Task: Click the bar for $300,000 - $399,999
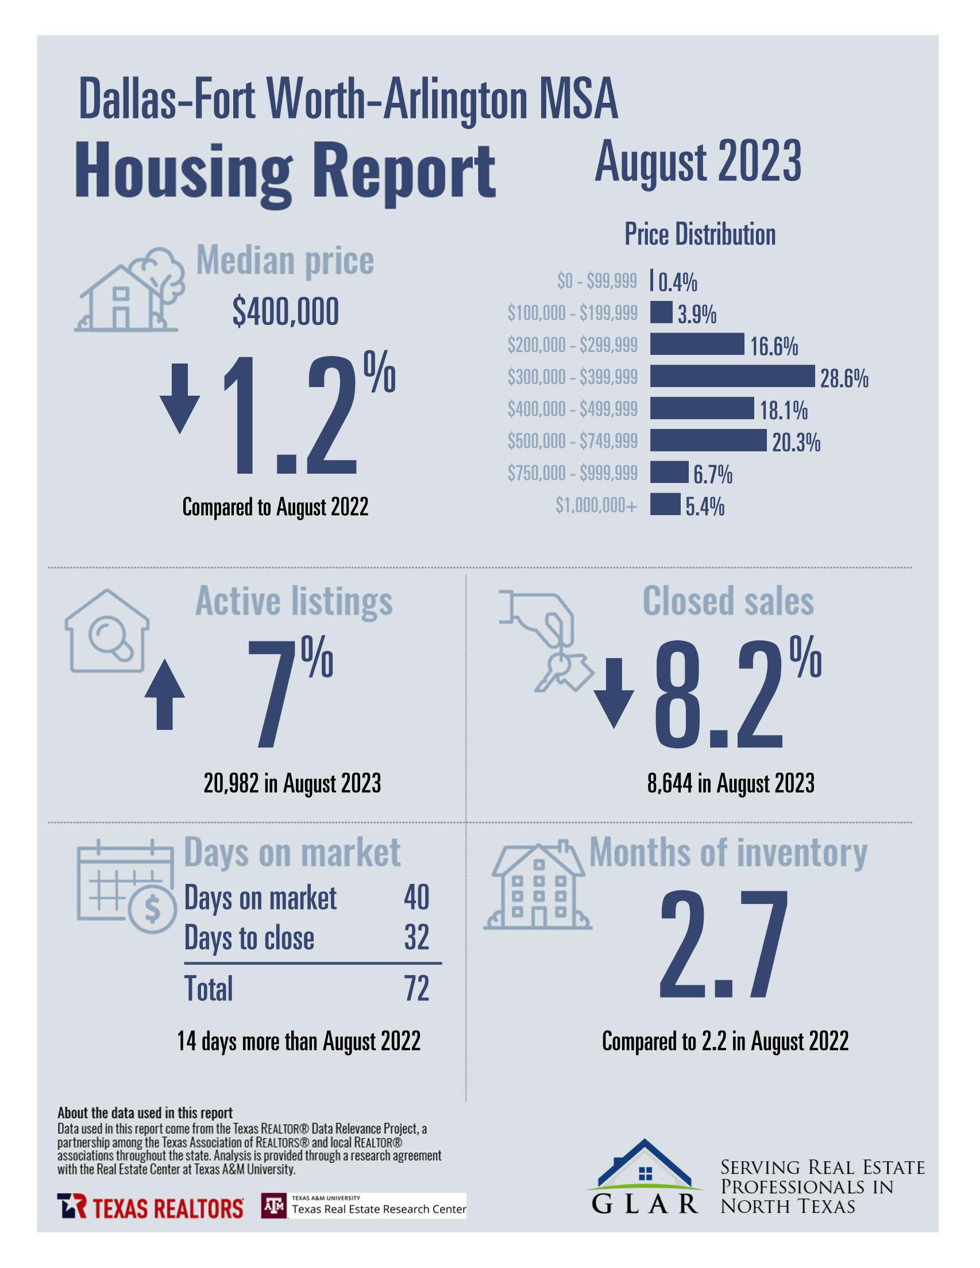tap(731, 376)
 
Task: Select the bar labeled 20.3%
tap(708, 440)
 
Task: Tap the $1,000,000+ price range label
tap(596, 506)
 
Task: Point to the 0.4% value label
tap(677, 283)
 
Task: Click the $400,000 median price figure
tap(285, 312)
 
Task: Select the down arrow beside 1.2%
tap(179, 398)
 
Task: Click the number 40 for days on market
tap(416, 898)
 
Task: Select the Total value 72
tap(416, 988)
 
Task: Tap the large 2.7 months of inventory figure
tap(724, 947)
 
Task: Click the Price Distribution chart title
tap(700, 234)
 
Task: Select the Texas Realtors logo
tap(150, 1208)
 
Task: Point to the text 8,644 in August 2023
tap(730, 783)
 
